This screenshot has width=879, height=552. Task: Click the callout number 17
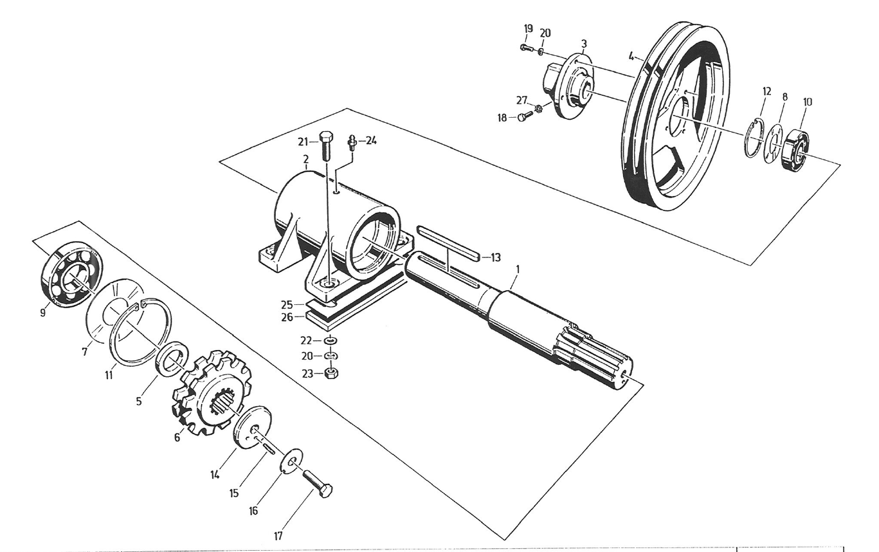(278, 536)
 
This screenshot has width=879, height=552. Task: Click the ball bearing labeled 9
(72, 275)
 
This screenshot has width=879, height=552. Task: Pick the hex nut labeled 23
(332, 373)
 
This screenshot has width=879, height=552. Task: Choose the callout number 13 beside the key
(496, 257)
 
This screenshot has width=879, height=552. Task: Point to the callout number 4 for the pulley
(631, 56)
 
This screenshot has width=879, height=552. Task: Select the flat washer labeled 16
(291, 461)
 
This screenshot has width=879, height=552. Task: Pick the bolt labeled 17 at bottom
(317, 484)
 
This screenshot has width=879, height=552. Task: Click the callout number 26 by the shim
(287, 317)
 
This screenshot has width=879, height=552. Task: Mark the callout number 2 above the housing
(305, 160)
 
